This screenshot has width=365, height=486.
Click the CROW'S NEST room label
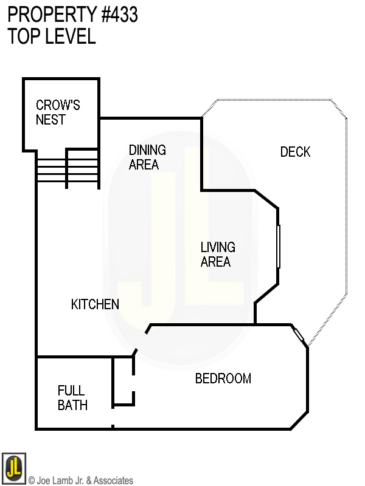[x=58, y=112]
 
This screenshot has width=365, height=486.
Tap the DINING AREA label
[x=147, y=157]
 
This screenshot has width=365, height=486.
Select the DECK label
[x=295, y=152]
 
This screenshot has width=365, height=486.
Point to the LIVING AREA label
[x=217, y=255]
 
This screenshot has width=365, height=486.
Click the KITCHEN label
[x=95, y=304]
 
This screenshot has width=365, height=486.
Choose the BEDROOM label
[x=223, y=378]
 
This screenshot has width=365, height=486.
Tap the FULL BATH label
[x=72, y=398]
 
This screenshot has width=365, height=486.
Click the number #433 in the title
[x=120, y=15]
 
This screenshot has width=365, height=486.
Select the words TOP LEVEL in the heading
[x=52, y=36]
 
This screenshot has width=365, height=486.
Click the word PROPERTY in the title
[x=51, y=15]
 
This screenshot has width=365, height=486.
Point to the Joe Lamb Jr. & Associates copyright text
[x=80, y=481]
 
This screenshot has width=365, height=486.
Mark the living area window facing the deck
[x=279, y=246]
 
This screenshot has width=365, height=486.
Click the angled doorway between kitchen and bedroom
[x=140, y=342]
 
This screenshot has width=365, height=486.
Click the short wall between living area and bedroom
[x=255, y=313]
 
